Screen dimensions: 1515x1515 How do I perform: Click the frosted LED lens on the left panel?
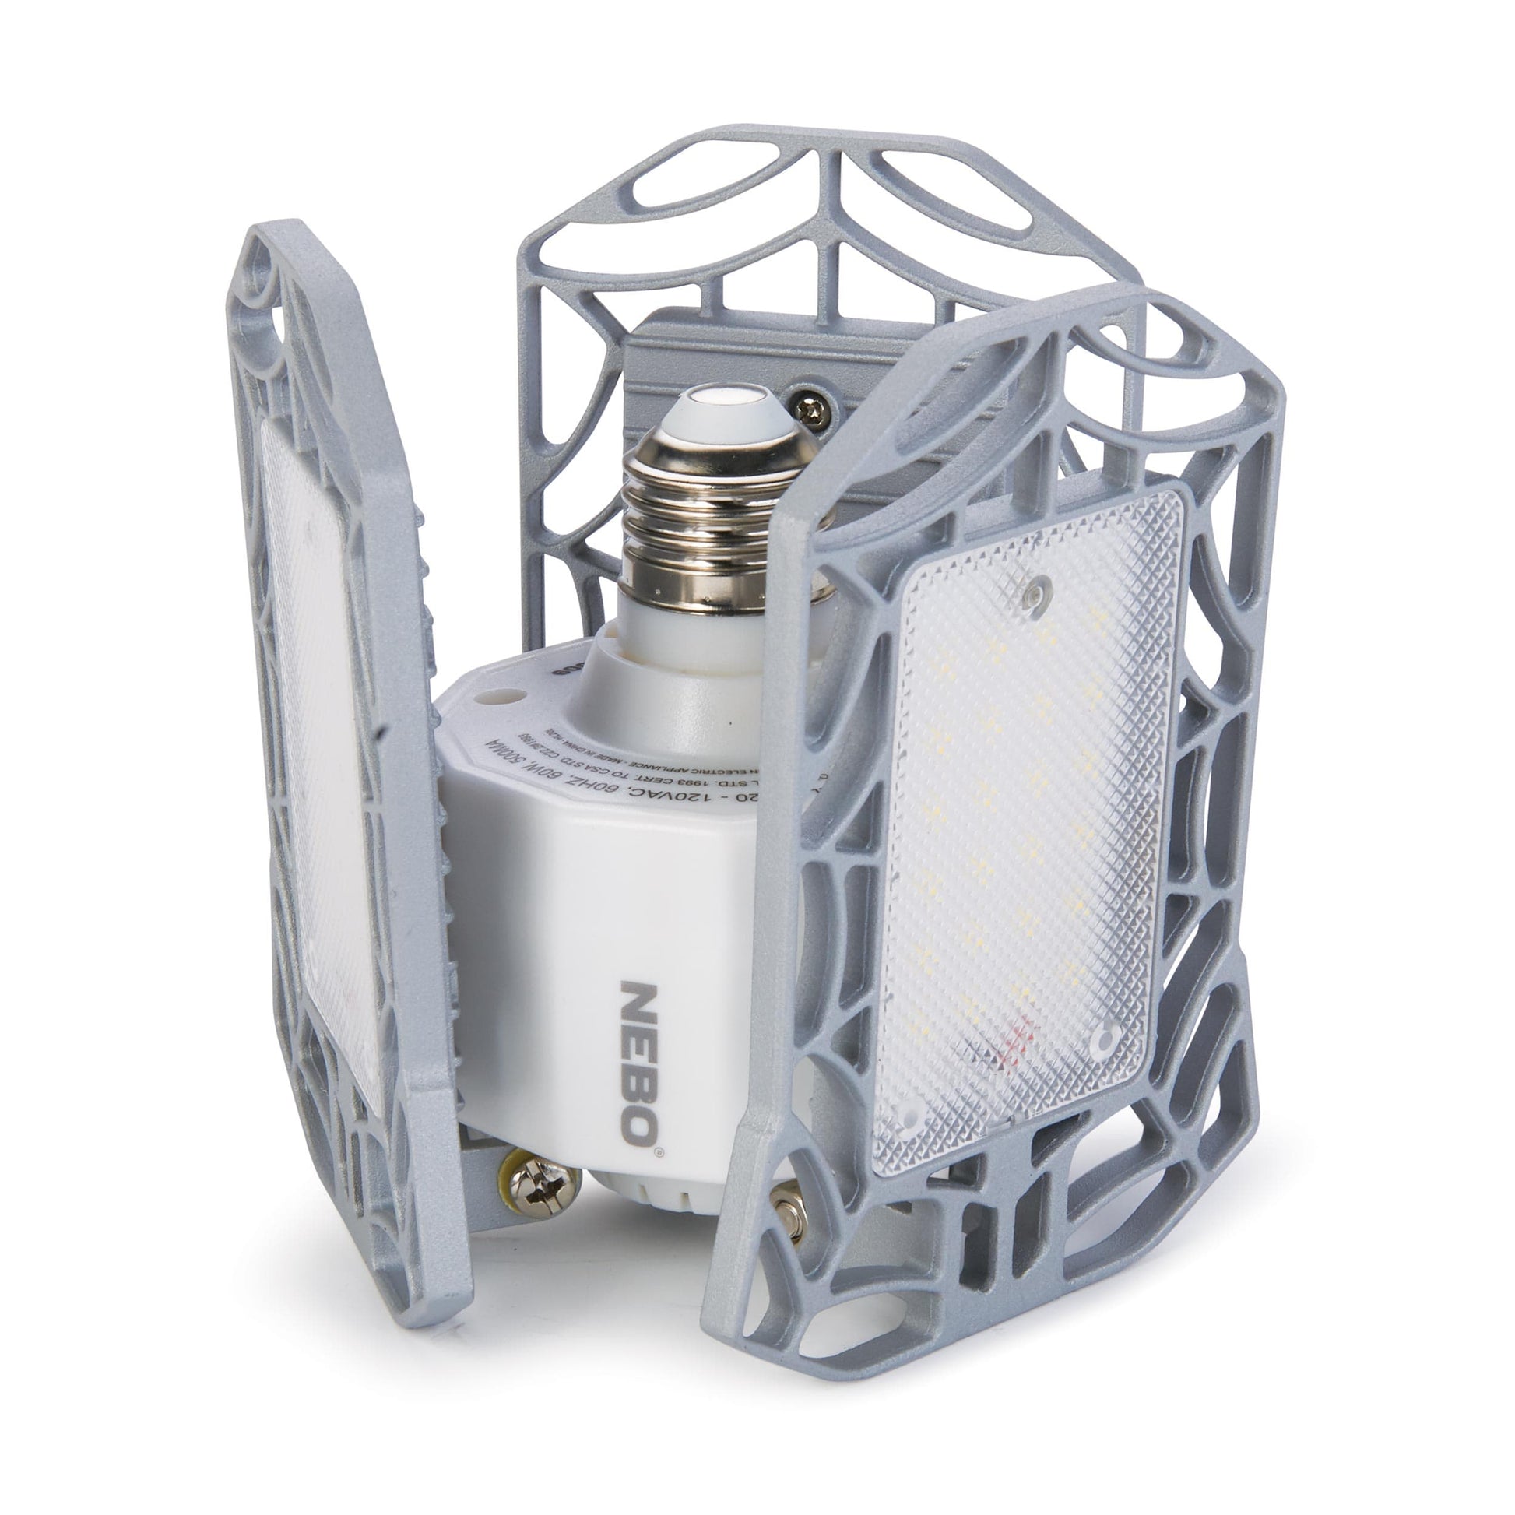(x=322, y=745)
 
